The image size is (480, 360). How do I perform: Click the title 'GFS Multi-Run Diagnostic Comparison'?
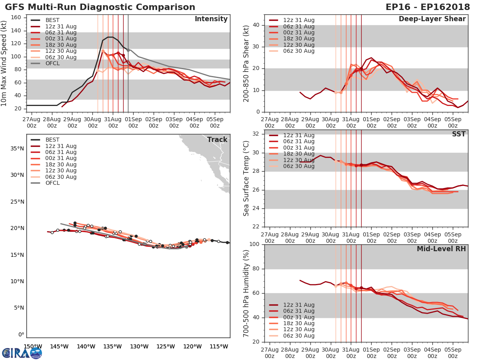100,7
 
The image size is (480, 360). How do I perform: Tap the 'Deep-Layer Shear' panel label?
432,19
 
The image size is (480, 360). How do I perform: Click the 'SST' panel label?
459,134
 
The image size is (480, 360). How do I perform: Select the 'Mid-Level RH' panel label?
441,249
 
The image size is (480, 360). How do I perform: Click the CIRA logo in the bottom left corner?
22,353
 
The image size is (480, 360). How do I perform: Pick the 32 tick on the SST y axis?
257,134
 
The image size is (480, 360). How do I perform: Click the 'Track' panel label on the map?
217,140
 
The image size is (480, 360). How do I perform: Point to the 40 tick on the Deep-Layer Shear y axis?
257,25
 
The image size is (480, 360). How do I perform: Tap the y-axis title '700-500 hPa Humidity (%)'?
246,293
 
